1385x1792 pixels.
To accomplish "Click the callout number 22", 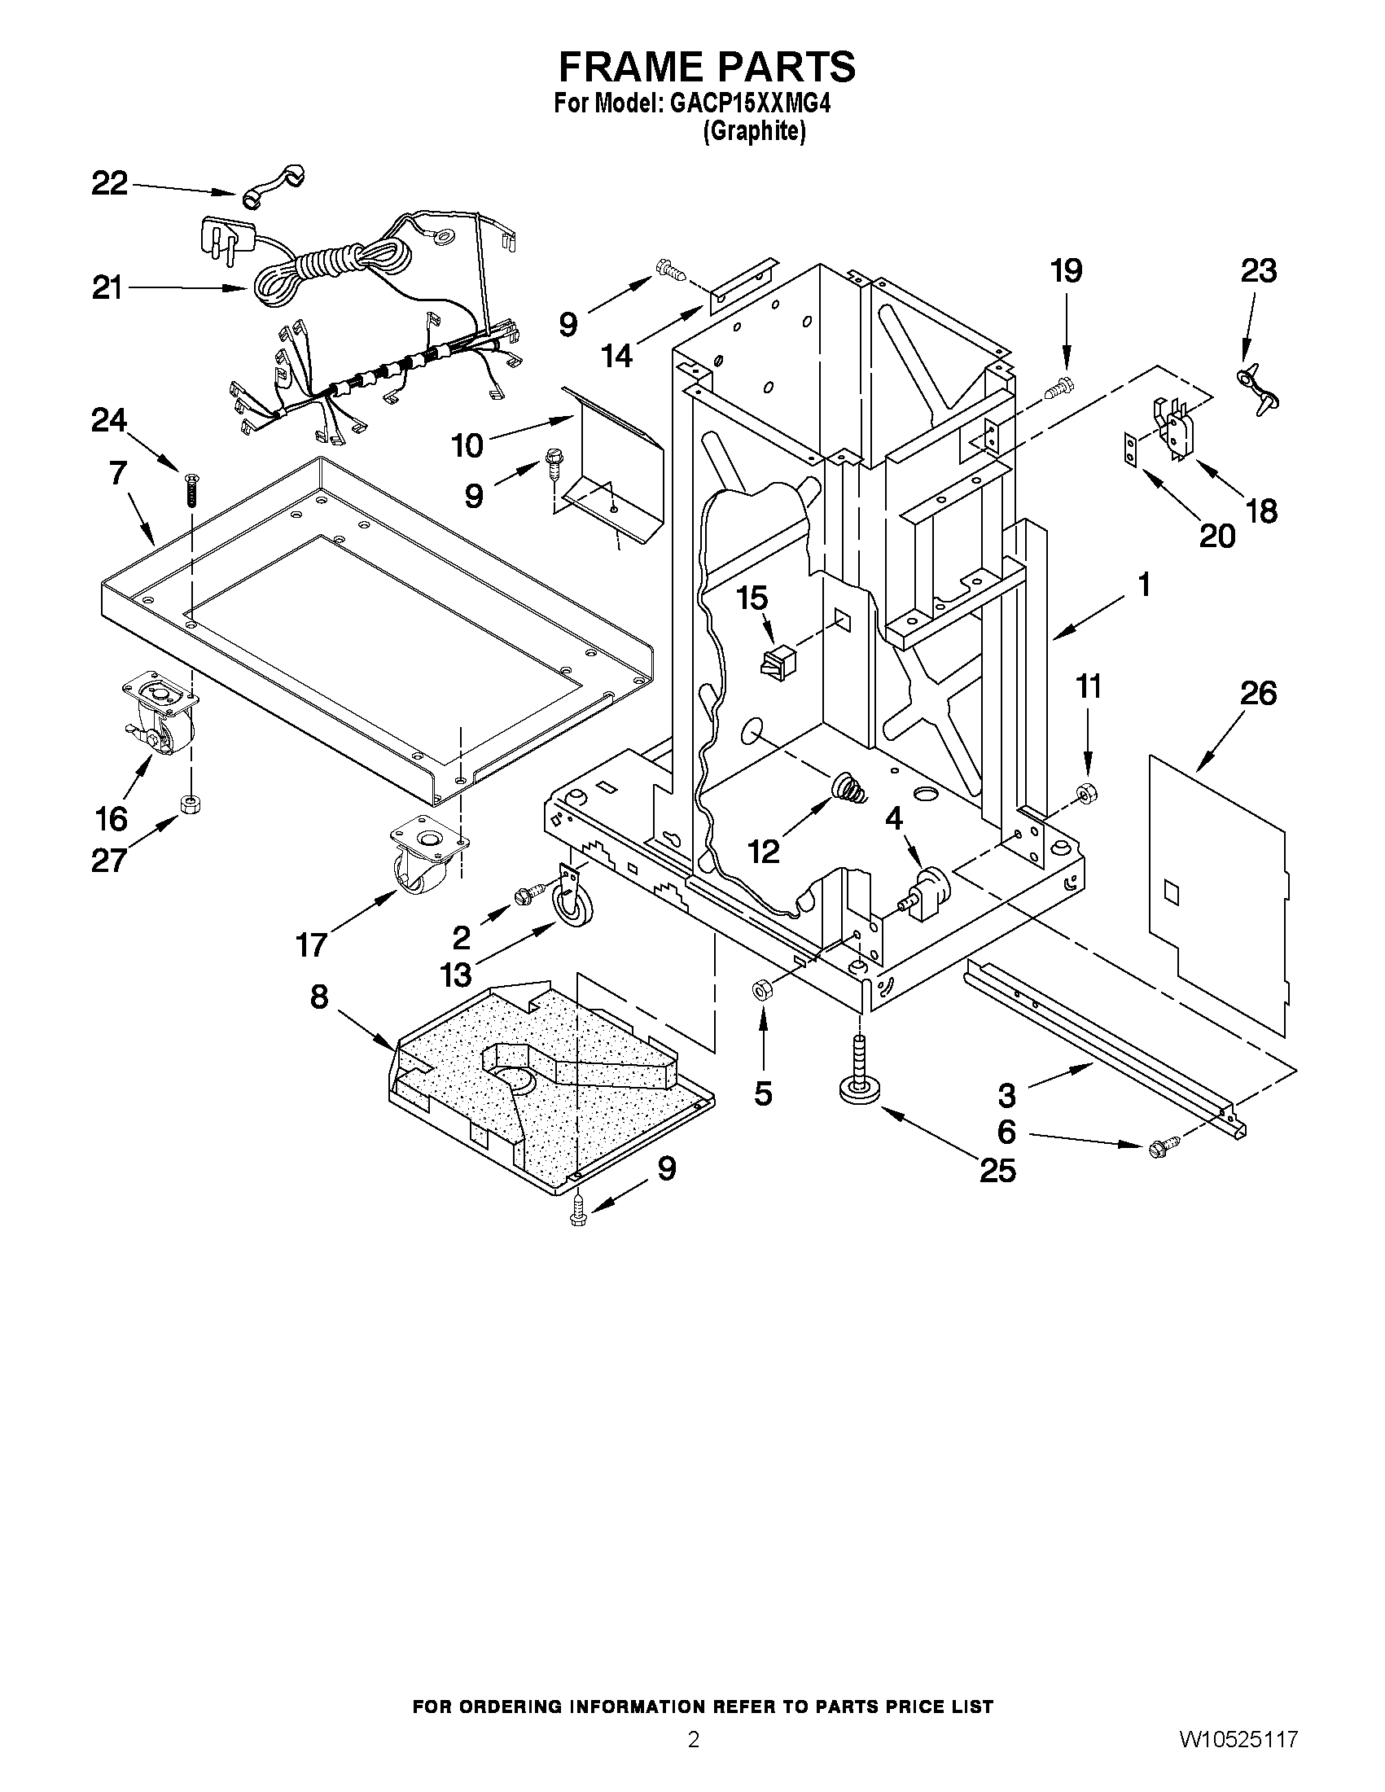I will pyautogui.click(x=109, y=183).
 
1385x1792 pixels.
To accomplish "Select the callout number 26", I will pyautogui.click(x=1258, y=694).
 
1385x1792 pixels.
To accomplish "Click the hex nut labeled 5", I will pyautogui.click(x=760, y=990).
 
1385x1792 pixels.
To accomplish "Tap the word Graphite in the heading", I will pyautogui.click(x=754, y=131).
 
